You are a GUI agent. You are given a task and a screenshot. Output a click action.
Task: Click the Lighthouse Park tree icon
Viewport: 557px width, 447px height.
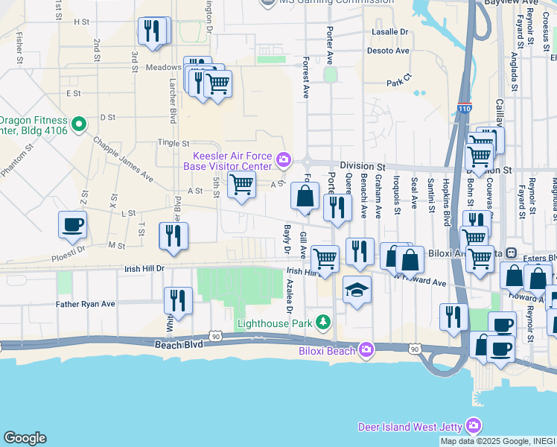pyautogui.click(x=323, y=322)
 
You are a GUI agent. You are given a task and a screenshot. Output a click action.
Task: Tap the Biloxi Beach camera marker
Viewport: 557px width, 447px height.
pyautogui.click(x=366, y=349)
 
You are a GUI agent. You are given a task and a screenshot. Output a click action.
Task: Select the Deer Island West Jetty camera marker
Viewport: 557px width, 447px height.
pyautogui.click(x=473, y=425)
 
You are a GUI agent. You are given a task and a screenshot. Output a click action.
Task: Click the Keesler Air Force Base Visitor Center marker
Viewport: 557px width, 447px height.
pyautogui.click(x=284, y=159)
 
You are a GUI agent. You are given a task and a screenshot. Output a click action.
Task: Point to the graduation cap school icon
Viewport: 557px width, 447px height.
pyautogui.click(x=357, y=290)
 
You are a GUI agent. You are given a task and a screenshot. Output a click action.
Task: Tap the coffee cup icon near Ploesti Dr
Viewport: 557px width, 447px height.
pyautogui.click(x=72, y=224)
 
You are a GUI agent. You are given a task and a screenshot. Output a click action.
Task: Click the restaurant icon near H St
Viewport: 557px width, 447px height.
pyautogui.click(x=152, y=31)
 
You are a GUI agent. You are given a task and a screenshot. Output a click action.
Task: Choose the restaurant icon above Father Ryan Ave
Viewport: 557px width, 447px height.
pyautogui.click(x=178, y=300)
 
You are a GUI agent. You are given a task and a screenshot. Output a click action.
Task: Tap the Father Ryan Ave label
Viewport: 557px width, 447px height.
pyautogui.click(x=86, y=304)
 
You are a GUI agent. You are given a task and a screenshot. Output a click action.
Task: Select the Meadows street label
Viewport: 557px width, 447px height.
pyautogui.click(x=164, y=67)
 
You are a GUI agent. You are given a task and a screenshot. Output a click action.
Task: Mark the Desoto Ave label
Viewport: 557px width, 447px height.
pyautogui.click(x=388, y=51)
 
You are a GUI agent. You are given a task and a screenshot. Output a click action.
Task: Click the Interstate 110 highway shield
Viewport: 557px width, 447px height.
pyautogui.click(x=465, y=108)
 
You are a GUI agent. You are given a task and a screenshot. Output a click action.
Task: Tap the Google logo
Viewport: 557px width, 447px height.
pyautogui.click(x=25, y=438)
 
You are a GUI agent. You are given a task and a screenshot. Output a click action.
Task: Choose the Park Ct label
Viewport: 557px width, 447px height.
pyautogui.click(x=399, y=81)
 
